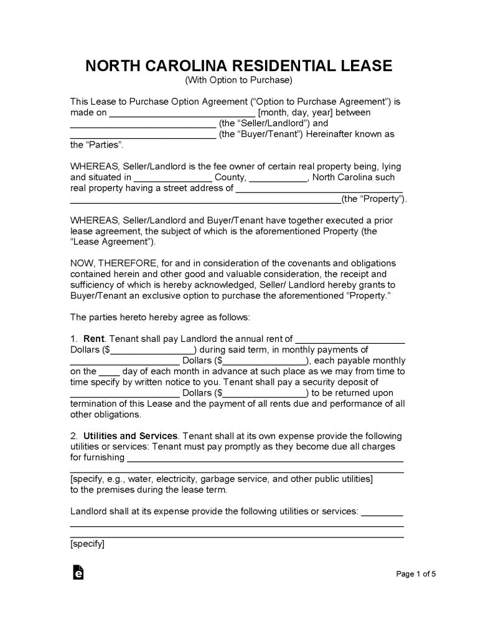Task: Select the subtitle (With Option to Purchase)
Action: click(238, 80)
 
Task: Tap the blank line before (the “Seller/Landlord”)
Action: click(143, 124)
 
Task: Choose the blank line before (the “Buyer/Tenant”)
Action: click(143, 135)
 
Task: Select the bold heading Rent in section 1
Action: click(93, 339)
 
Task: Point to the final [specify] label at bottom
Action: click(87, 544)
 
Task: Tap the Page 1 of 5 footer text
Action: click(416, 574)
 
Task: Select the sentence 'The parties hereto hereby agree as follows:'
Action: click(160, 317)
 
